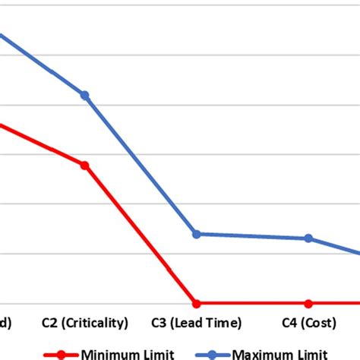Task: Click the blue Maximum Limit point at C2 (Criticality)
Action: (85, 95)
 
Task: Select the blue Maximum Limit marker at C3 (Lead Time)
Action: (197, 234)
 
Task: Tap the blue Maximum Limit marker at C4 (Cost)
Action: (308, 238)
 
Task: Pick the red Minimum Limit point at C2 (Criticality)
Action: (85, 165)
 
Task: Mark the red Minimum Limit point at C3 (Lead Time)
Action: (197, 303)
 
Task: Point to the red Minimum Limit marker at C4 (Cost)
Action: (308, 303)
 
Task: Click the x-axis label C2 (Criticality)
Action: (85, 323)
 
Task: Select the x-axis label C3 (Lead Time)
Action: (197, 323)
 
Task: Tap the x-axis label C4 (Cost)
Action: (308, 323)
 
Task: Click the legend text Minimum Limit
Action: (128, 353)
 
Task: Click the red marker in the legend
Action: (63, 354)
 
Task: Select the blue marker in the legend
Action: (214, 354)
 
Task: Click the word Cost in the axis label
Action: (318, 323)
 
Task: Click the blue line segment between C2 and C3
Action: (141, 164)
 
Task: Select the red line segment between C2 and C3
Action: (141, 234)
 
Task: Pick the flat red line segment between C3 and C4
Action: (252, 303)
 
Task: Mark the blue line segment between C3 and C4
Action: (252, 236)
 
